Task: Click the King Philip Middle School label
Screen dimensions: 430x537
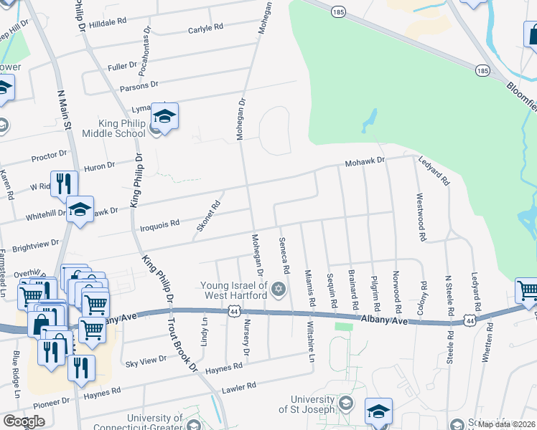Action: (113, 128)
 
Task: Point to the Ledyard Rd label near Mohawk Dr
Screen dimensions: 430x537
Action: (434, 171)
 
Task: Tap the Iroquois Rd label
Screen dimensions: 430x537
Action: (160, 225)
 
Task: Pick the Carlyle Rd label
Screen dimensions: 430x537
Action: (205, 29)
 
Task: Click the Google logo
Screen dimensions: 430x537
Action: (24, 421)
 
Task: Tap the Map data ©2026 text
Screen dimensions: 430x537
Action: (507, 424)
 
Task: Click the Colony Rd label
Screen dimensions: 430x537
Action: (423, 295)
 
